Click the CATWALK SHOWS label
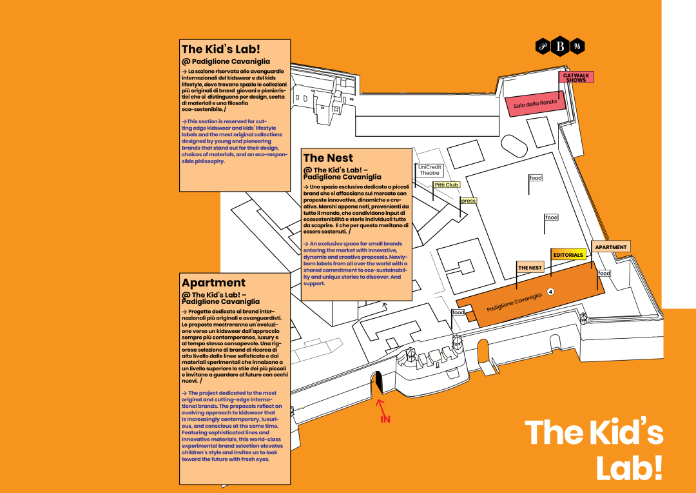tap(575, 77)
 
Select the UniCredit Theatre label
tap(430, 170)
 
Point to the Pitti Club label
tap(446, 185)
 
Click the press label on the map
tap(469, 201)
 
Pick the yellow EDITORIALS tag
tap(568, 255)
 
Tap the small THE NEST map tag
tap(530, 267)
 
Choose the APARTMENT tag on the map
tap(610, 247)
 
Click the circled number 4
tap(550, 292)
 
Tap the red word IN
tap(385, 419)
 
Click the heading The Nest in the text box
tap(328, 158)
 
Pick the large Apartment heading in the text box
tap(213, 283)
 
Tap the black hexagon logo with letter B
tap(560, 46)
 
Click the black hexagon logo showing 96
tap(577, 46)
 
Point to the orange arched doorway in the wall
tap(483, 351)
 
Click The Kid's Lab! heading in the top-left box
tap(221, 49)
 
